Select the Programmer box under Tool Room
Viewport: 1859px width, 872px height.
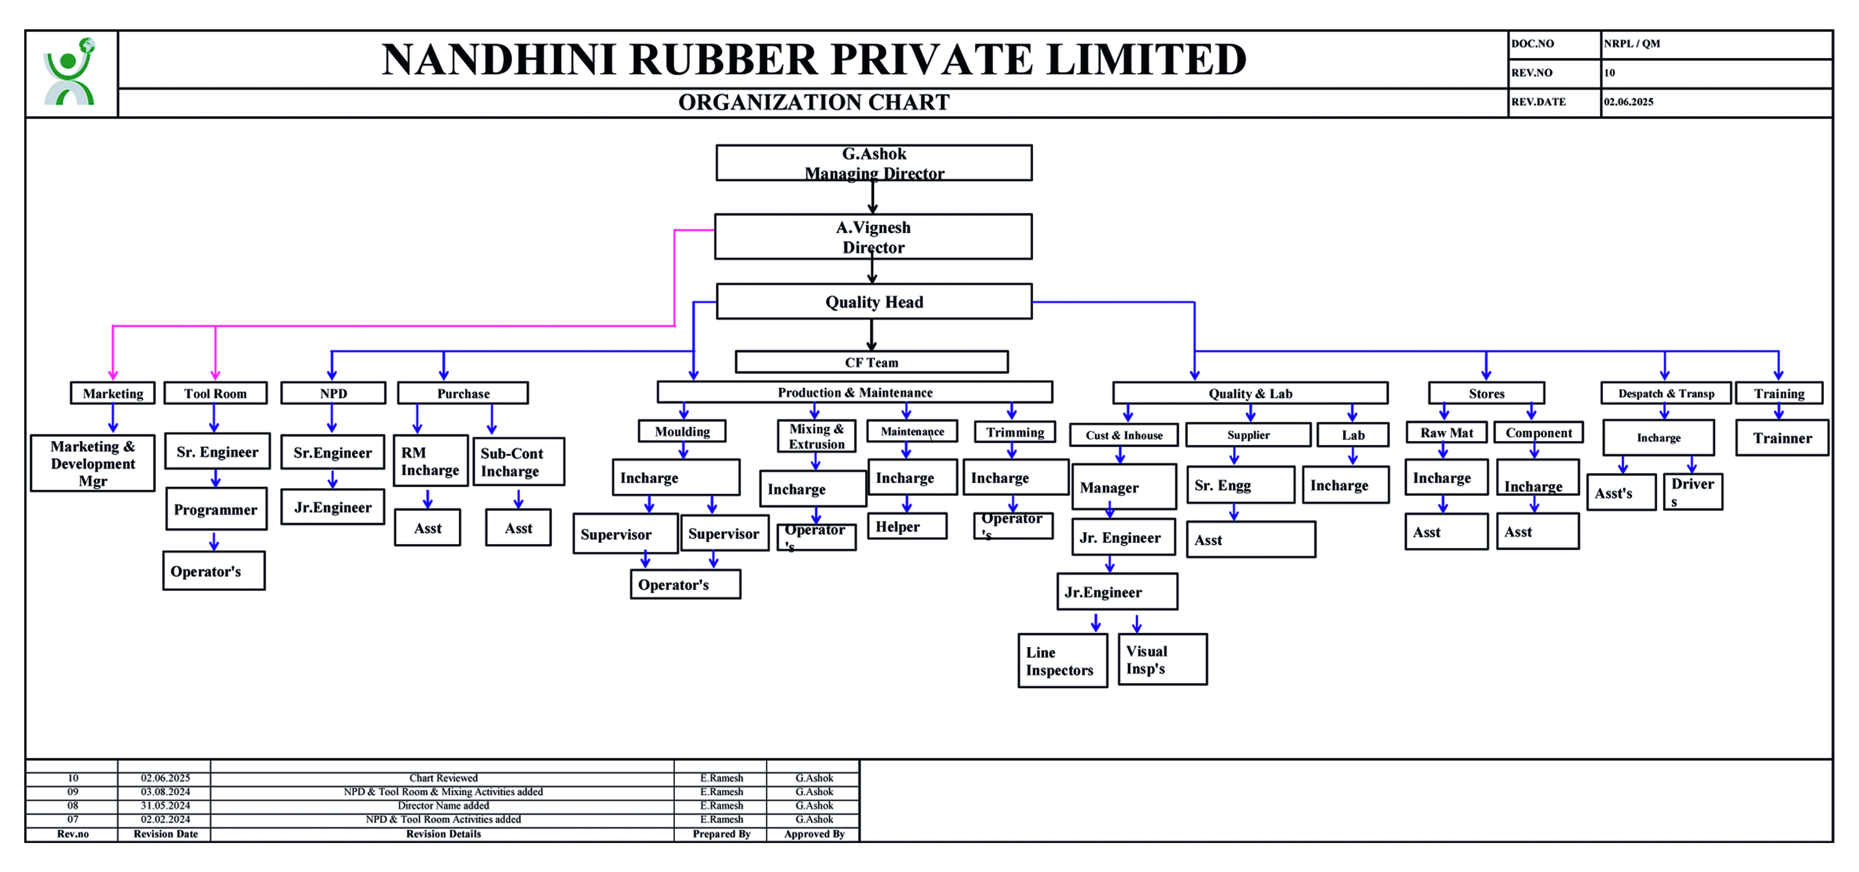pyautogui.click(x=216, y=510)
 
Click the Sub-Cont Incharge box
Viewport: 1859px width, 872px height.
pyautogui.click(x=518, y=462)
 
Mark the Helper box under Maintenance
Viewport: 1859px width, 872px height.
pyautogui.click(x=906, y=526)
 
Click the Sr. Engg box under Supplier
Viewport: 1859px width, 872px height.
pyautogui.click(x=1240, y=485)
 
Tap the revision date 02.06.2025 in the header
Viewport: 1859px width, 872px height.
pyautogui.click(x=1628, y=102)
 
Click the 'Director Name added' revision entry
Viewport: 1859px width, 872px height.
pyautogui.click(x=443, y=806)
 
